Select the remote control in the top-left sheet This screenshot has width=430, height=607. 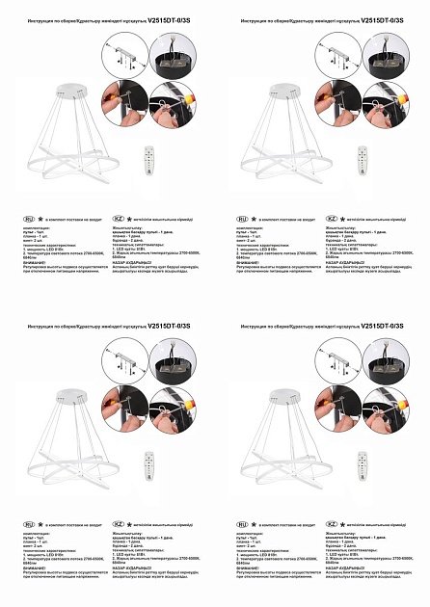148,159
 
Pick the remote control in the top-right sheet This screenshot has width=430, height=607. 363,159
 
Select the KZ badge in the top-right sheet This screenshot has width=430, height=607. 331,220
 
